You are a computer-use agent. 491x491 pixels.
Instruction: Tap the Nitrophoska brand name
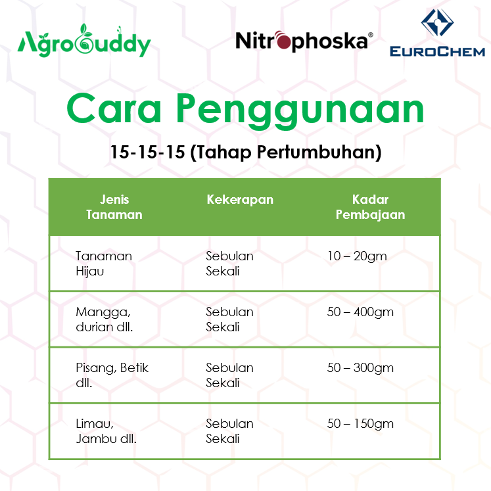pyautogui.click(x=304, y=41)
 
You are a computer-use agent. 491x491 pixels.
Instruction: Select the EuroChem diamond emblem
pyautogui.click(x=437, y=24)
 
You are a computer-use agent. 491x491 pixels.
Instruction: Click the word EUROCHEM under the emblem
pyautogui.click(x=437, y=51)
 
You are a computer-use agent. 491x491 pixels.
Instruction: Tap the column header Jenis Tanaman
pyautogui.click(x=114, y=206)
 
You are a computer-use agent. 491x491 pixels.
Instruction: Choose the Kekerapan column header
pyautogui.click(x=239, y=199)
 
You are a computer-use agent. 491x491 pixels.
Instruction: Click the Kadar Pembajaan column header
pyautogui.click(x=370, y=206)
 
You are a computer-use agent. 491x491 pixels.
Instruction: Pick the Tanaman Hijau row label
pyautogui.click(x=103, y=263)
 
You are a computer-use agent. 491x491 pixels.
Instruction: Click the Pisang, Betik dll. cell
pyautogui.click(x=112, y=375)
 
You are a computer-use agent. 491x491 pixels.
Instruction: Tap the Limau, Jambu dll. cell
pyautogui.click(x=106, y=431)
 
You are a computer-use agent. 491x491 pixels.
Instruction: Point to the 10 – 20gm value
pyautogui.click(x=357, y=256)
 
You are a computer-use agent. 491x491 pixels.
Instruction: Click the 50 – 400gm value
pyautogui.click(x=360, y=312)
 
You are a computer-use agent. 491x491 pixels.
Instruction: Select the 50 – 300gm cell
pyautogui.click(x=360, y=367)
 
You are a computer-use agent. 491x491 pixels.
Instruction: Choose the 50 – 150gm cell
pyautogui.click(x=360, y=423)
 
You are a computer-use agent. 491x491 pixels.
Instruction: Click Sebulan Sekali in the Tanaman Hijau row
pyautogui.click(x=229, y=263)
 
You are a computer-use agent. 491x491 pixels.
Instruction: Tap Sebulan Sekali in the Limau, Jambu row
pyautogui.click(x=229, y=431)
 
